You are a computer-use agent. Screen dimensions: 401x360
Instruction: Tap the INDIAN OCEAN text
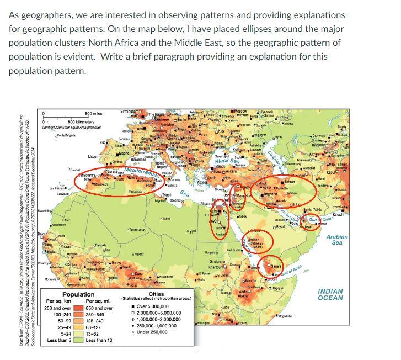pyautogui.click(x=330, y=294)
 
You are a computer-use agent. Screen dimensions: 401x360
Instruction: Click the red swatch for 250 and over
pyautogui.click(x=77, y=308)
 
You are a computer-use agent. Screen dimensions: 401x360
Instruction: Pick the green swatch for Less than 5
pyautogui.click(x=77, y=341)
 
